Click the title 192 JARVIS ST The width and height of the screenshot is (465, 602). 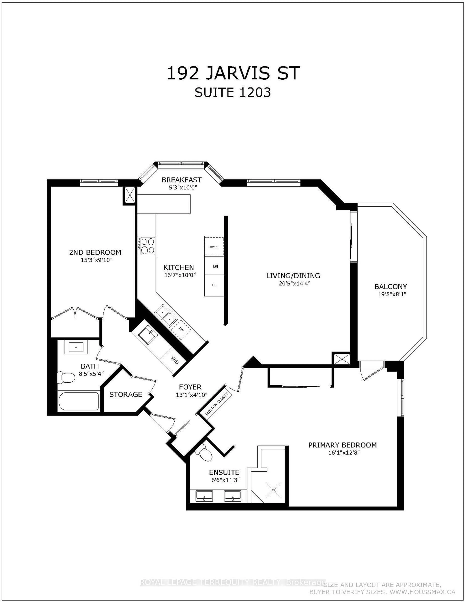[x=233, y=74]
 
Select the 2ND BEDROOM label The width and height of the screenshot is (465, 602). [x=95, y=252]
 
